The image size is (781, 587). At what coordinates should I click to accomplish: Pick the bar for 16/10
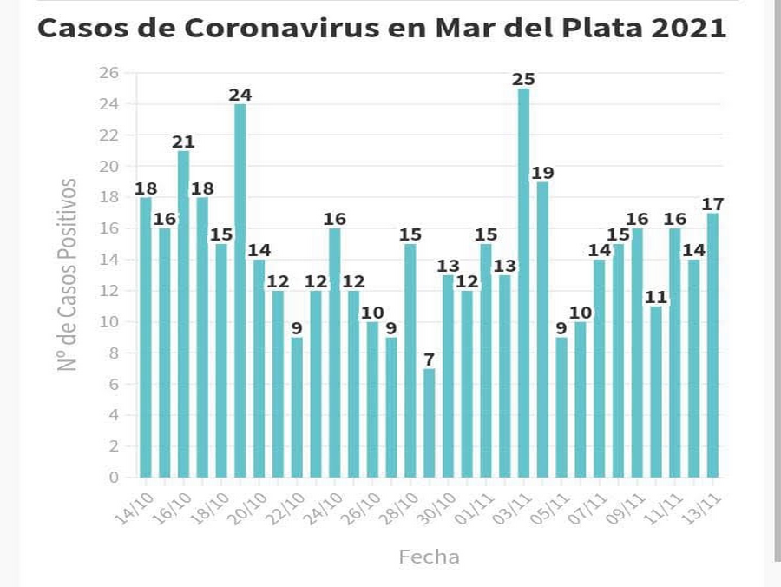[184, 313]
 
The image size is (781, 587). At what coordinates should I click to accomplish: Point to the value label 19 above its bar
[542, 172]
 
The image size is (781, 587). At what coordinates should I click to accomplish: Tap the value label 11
[655, 297]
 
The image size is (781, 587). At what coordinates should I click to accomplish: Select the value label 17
[712, 204]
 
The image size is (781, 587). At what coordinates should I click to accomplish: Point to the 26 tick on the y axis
[108, 73]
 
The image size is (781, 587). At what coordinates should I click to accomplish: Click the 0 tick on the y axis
[114, 478]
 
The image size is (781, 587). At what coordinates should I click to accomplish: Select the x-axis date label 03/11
[513, 508]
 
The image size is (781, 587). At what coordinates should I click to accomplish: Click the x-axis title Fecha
[429, 557]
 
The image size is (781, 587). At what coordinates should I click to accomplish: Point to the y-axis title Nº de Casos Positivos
[69, 274]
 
